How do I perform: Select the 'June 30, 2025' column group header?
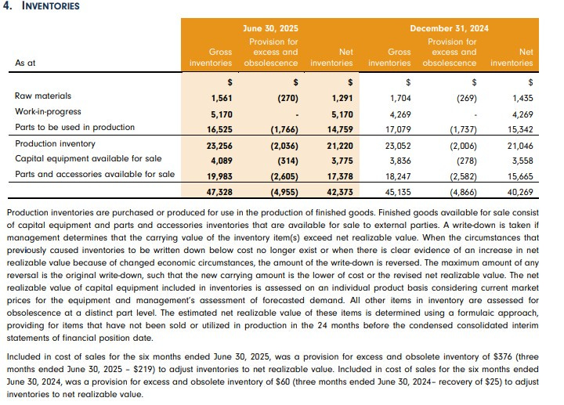(270, 28)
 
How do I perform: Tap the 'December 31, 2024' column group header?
(449, 28)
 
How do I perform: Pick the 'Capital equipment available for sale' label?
(82, 159)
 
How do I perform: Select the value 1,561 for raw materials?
(222, 98)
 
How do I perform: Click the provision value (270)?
(286, 98)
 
